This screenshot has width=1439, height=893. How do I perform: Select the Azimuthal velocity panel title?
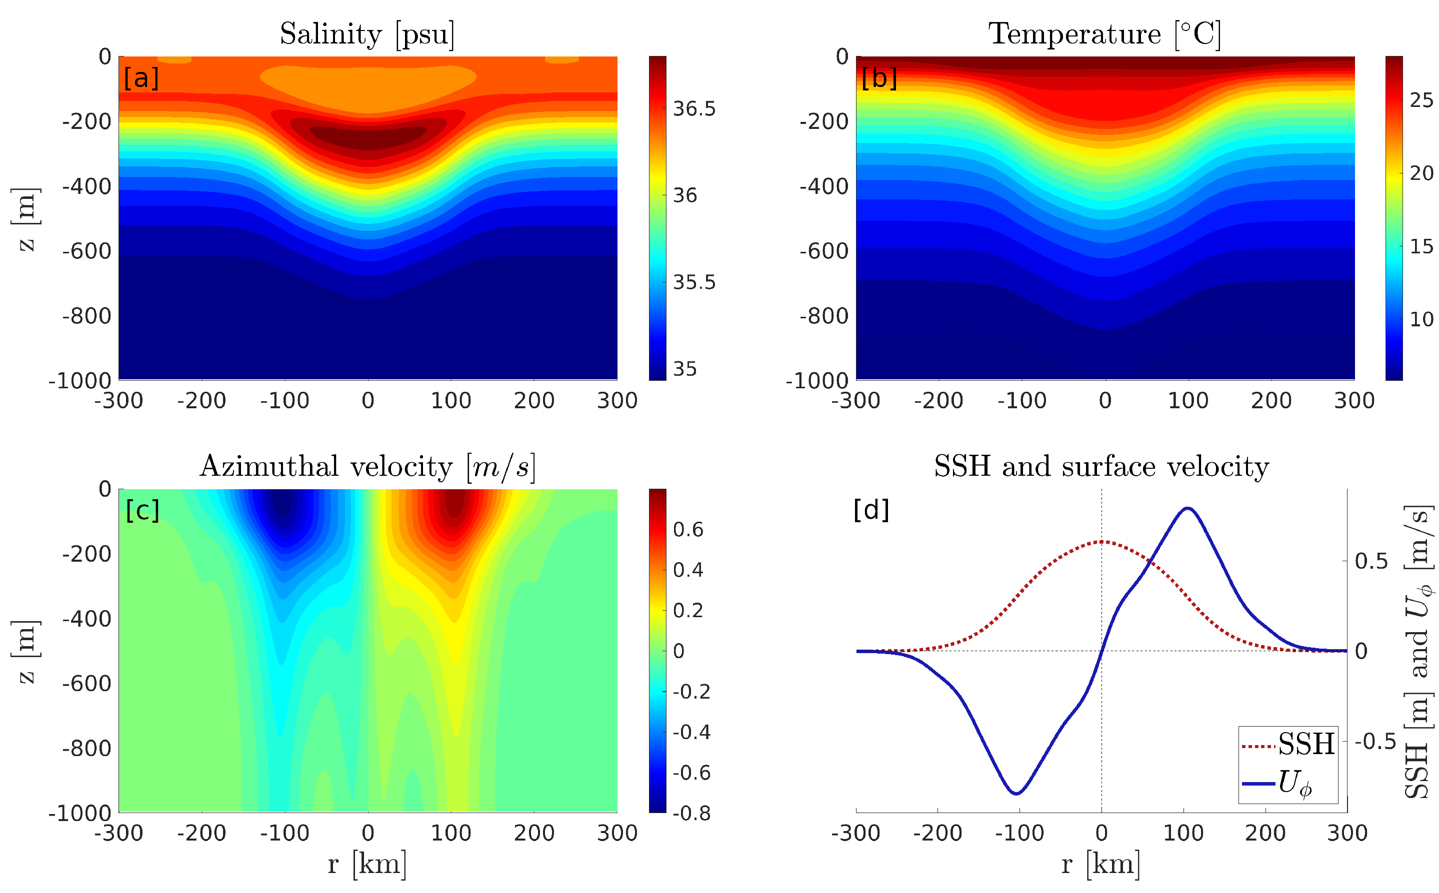pos(367,467)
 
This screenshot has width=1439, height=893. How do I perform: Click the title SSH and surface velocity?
pos(1101,467)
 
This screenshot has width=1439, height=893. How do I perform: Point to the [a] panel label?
pos(141,78)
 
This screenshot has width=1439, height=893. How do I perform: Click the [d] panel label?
pos(871,510)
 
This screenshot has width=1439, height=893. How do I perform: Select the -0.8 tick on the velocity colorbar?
pos(691,813)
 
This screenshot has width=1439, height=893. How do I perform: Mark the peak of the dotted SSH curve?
pos(1101,541)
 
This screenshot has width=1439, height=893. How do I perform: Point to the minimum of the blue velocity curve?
pos(1016,793)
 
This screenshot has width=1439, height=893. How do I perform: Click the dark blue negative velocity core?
pos(284,505)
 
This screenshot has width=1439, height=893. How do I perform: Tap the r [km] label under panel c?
pos(367,865)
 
